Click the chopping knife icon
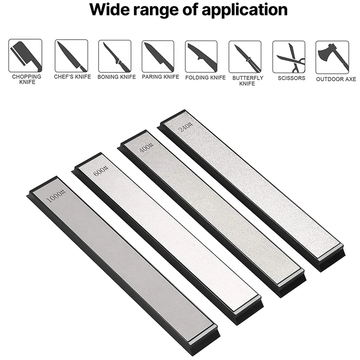[x=25, y=56]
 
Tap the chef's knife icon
[x=72, y=56]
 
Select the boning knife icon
[x=115, y=56]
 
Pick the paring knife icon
[x=158, y=57]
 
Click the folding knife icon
[x=202, y=57]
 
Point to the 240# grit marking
[x=185, y=126]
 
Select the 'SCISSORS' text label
[x=292, y=78]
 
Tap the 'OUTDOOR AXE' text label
[x=336, y=79]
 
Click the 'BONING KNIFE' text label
[x=117, y=77]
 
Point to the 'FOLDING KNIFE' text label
[x=205, y=77]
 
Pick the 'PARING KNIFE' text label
[x=160, y=77]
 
